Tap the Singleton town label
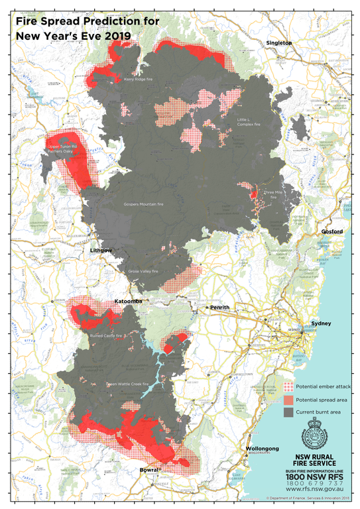[279, 42]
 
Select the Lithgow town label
[101, 250]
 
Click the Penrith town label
[220, 308]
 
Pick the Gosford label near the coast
[331, 231]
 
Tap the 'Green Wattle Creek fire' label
[127, 384]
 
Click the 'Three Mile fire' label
[275, 193]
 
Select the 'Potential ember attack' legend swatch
[287, 386]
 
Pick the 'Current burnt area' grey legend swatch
[287, 412]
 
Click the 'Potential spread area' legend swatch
[287, 399]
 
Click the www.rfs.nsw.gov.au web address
[315, 489]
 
